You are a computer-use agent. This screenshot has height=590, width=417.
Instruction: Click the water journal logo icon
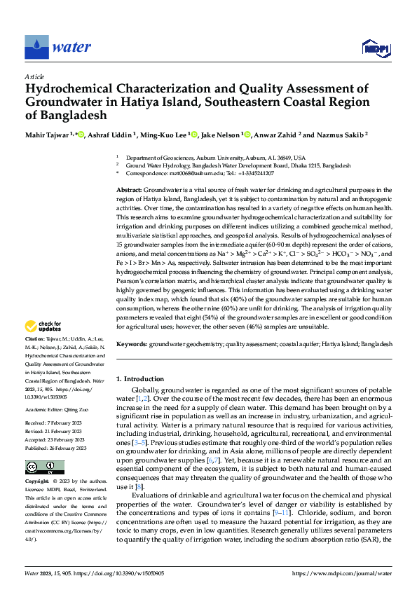(36, 47)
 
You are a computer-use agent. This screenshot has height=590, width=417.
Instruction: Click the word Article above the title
(34, 76)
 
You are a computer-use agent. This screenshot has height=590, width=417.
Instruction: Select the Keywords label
(131, 345)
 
